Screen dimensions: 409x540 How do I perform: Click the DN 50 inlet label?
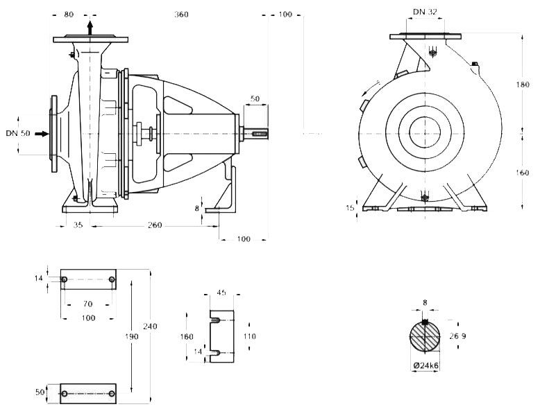18,133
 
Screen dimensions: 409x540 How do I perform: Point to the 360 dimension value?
181,15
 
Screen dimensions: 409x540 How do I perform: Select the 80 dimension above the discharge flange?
69,15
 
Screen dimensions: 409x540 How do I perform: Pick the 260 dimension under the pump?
155,225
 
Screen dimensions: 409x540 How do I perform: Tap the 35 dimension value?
78,225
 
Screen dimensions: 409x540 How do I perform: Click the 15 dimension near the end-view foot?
350,207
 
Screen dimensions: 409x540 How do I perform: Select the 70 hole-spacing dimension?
87,304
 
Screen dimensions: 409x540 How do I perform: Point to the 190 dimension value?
133,336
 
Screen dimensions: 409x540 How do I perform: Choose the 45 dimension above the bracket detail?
222,293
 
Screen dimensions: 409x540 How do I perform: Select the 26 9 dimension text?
458,336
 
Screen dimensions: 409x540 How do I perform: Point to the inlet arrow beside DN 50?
42,133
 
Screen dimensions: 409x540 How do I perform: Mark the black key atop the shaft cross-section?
425,322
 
